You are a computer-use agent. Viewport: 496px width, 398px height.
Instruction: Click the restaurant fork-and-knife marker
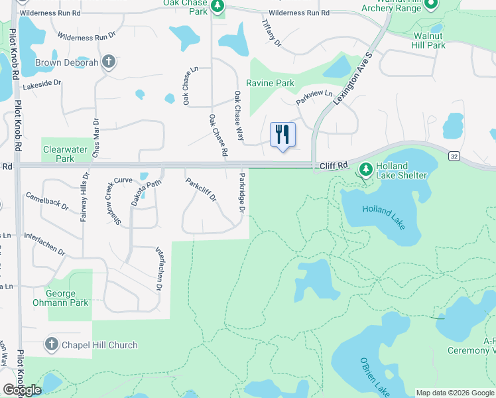click(x=283, y=135)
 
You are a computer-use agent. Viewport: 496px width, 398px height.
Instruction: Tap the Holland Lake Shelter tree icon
click(x=365, y=169)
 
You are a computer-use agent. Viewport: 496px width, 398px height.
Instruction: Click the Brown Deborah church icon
click(x=109, y=62)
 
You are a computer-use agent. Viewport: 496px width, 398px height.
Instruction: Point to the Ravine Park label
click(x=270, y=84)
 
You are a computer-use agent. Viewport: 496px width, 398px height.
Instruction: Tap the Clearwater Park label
click(x=65, y=154)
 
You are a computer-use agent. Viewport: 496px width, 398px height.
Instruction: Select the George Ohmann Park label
click(x=66, y=298)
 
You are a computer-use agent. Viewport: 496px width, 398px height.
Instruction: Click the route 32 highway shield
click(x=454, y=156)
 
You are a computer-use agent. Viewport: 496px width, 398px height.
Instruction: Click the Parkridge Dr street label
click(x=242, y=193)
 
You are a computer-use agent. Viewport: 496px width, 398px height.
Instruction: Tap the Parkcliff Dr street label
click(x=201, y=191)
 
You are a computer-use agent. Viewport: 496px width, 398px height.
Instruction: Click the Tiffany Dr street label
click(x=272, y=33)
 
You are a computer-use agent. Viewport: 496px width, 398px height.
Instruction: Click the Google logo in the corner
click(x=22, y=390)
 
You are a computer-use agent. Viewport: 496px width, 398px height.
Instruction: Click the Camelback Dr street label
click(x=47, y=202)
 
